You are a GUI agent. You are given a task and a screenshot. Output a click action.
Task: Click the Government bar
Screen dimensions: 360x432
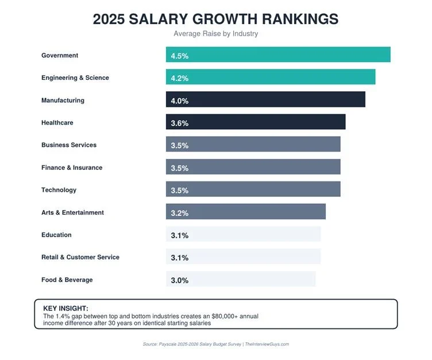pyautogui.click(x=278, y=55)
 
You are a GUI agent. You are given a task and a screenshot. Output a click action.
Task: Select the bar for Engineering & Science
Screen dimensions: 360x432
pyautogui.click(x=271, y=78)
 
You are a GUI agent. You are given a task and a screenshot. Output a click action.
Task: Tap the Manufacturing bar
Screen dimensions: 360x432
pyautogui.click(x=265, y=100)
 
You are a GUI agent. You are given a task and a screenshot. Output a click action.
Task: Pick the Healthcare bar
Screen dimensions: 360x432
pyautogui.click(x=256, y=122)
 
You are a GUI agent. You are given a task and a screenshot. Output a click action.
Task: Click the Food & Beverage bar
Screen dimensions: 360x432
pyautogui.click(x=241, y=280)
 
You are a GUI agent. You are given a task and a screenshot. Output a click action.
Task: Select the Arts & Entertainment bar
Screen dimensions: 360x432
pyautogui.click(x=246, y=212)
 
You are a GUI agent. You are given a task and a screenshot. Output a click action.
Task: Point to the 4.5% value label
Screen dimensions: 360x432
pyautogui.click(x=180, y=56)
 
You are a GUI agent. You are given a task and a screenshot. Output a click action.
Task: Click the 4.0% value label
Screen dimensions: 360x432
pyautogui.click(x=180, y=101)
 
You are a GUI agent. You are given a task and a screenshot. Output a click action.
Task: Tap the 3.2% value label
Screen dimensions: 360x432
pyautogui.click(x=180, y=213)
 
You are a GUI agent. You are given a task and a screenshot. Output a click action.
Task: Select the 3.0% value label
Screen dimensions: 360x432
pyautogui.click(x=180, y=281)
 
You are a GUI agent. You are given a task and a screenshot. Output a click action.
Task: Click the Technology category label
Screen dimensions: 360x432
pyautogui.click(x=59, y=190)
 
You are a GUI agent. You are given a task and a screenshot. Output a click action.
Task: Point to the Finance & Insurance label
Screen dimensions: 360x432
pyautogui.click(x=72, y=168)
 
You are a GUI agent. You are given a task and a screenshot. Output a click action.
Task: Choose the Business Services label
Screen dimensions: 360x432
pyautogui.click(x=69, y=145)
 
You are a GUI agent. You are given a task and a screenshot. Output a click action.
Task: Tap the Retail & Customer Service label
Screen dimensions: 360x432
pyautogui.click(x=80, y=257)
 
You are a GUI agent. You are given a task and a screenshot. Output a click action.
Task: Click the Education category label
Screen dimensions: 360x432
pyautogui.click(x=56, y=235)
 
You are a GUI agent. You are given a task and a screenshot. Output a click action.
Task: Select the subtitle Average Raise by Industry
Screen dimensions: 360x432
pyautogui.click(x=216, y=34)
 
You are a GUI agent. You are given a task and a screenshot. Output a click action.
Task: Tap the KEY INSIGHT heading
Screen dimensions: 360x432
pyautogui.click(x=65, y=308)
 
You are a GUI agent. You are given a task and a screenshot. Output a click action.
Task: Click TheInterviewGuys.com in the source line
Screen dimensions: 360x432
pyautogui.click(x=267, y=344)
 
